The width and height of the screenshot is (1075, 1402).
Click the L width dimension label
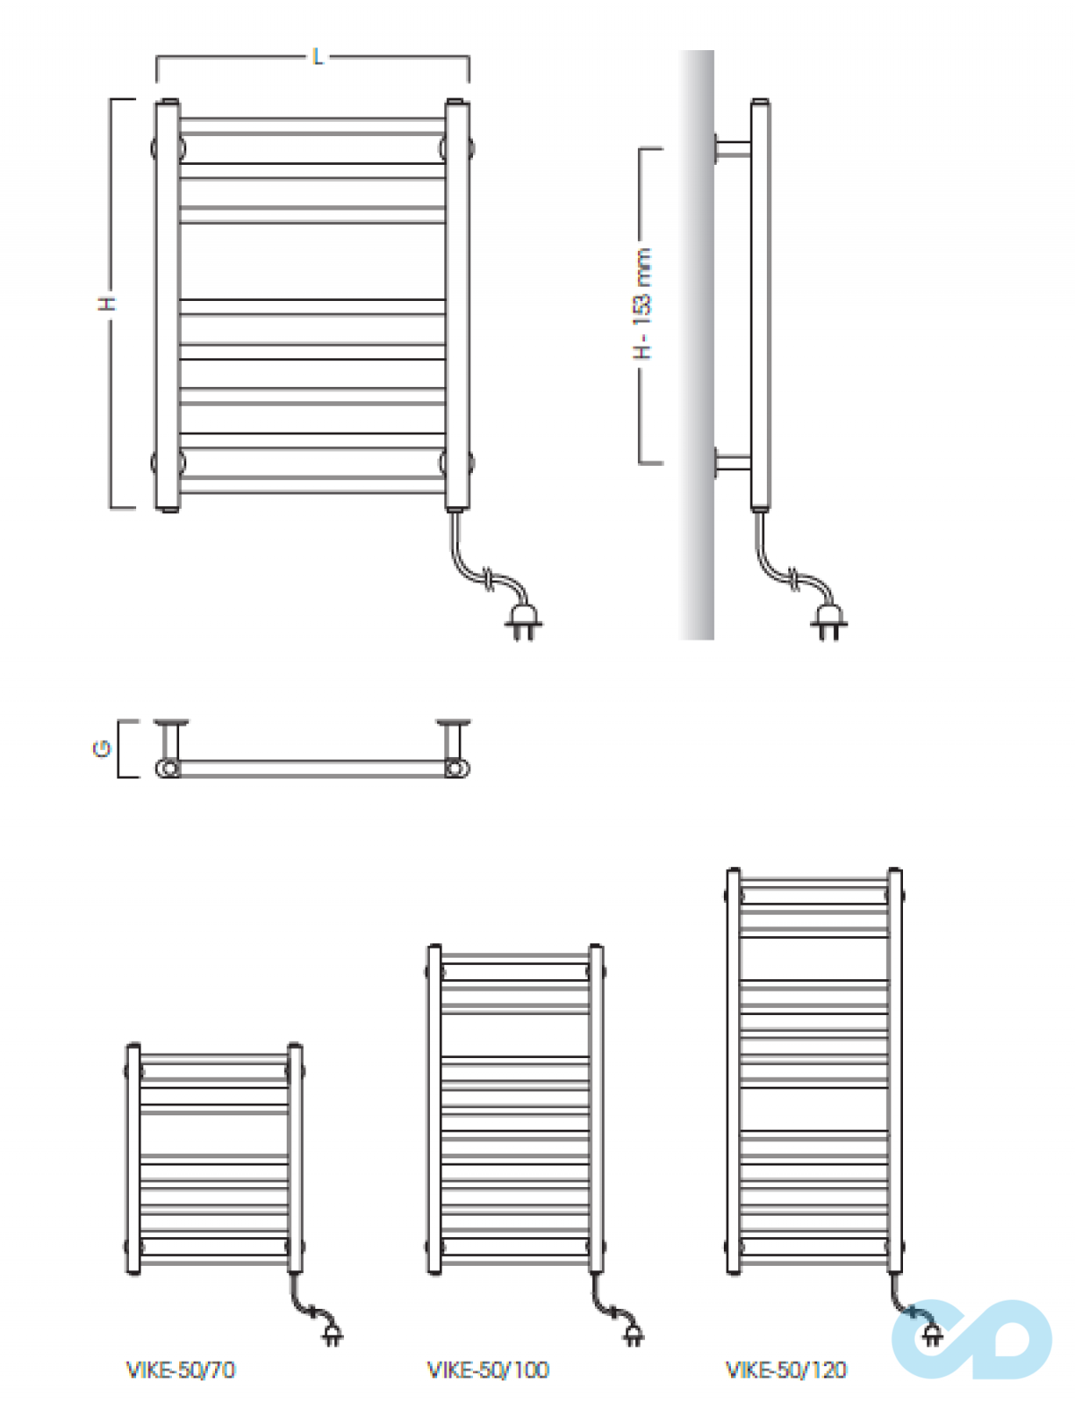pyautogui.click(x=317, y=56)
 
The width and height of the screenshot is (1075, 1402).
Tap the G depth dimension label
pyautogui.click(x=102, y=749)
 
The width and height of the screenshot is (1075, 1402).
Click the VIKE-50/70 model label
pyautogui.click(x=181, y=1369)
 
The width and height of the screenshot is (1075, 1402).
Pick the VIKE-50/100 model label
pyautogui.click(x=488, y=1369)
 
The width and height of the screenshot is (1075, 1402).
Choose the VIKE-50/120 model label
pyautogui.click(x=787, y=1369)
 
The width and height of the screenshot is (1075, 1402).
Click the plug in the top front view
pyautogui.click(x=522, y=622)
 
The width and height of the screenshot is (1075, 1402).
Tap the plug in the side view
pyautogui.click(x=829, y=622)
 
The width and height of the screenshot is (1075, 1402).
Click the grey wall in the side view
pyautogui.click(x=696, y=345)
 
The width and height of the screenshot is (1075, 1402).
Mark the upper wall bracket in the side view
pyautogui.click(x=733, y=149)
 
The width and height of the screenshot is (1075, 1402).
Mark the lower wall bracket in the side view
pyautogui.click(x=733, y=463)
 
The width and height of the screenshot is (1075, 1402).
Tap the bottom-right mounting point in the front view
pyautogui.click(x=457, y=463)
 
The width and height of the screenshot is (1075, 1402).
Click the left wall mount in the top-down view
pyautogui.click(x=171, y=742)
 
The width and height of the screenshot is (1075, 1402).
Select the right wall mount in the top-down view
pyautogui.click(x=453, y=742)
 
